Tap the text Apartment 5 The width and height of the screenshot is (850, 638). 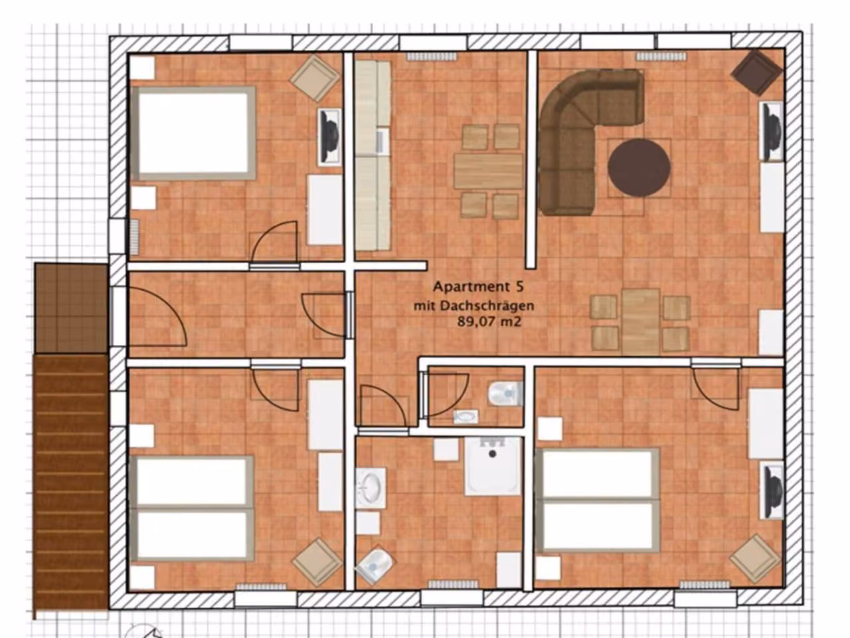coord(478,287)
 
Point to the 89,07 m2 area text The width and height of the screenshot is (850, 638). coord(489,322)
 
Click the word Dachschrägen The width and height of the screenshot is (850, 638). coord(488,306)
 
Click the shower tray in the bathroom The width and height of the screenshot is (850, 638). coord(493,466)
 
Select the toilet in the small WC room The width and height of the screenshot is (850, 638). coord(505,394)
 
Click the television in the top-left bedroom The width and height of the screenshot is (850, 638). coord(329,136)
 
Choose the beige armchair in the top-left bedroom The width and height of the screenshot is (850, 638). coord(315,78)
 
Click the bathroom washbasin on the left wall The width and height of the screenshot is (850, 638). coord(371,487)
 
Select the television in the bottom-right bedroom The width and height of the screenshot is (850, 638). coord(773,492)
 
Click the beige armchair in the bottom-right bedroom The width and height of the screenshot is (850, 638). coord(755,558)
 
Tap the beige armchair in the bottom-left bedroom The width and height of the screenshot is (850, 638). coord(317,562)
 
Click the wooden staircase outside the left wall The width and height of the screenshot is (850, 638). coord(70,485)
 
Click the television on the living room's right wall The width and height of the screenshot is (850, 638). coord(772,132)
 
